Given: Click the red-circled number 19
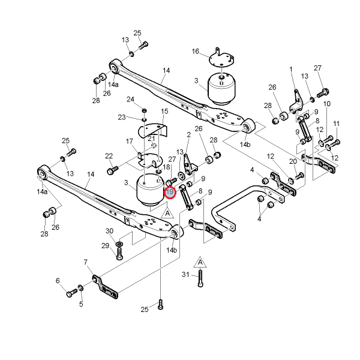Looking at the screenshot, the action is [x=170, y=192].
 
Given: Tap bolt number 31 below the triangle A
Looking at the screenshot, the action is [x=200, y=278].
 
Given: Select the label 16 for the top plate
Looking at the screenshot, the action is [x=196, y=51].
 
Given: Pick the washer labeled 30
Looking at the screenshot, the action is [x=119, y=244].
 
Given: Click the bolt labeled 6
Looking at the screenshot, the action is [x=71, y=293].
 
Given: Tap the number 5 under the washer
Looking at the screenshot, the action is [x=81, y=304].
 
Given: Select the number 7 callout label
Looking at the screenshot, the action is [x=86, y=262].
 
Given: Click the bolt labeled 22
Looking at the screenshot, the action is [x=112, y=170].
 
